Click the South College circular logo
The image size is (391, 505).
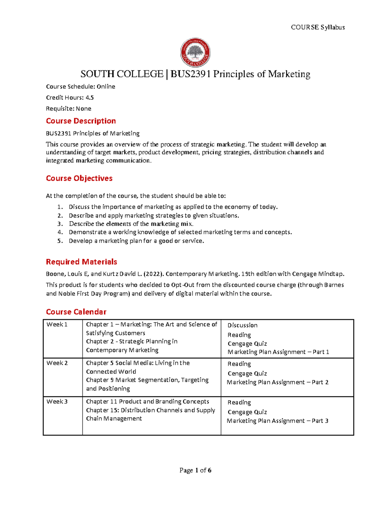[x=195, y=52]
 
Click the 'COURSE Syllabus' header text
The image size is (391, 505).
[x=318, y=27]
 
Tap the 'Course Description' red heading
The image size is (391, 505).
[x=81, y=121]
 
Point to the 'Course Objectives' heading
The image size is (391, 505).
[x=79, y=178]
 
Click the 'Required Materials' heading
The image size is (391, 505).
[x=81, y=262]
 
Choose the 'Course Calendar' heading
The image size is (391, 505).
[x=76, y=312]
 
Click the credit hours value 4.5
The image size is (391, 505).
[x=90, y=98]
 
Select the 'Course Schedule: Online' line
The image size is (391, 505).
[x=80, y=86]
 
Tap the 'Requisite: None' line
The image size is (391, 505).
[x=68, y=109]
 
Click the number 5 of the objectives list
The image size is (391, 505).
[x=60, y=241]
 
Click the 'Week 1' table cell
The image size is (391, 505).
[x=57, y=325]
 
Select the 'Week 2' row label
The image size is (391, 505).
[x=57, y=363]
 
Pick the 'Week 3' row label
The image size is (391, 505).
[x=57, y=402]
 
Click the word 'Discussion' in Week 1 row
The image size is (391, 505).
[x=242, y=325]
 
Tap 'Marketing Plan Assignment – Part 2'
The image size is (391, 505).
[x=278, y=382]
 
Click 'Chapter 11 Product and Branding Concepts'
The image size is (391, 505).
[x=148, y=402]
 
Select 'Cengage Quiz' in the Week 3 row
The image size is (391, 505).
[x=247, y=412]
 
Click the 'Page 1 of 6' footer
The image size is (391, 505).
[x=195, y=470]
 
